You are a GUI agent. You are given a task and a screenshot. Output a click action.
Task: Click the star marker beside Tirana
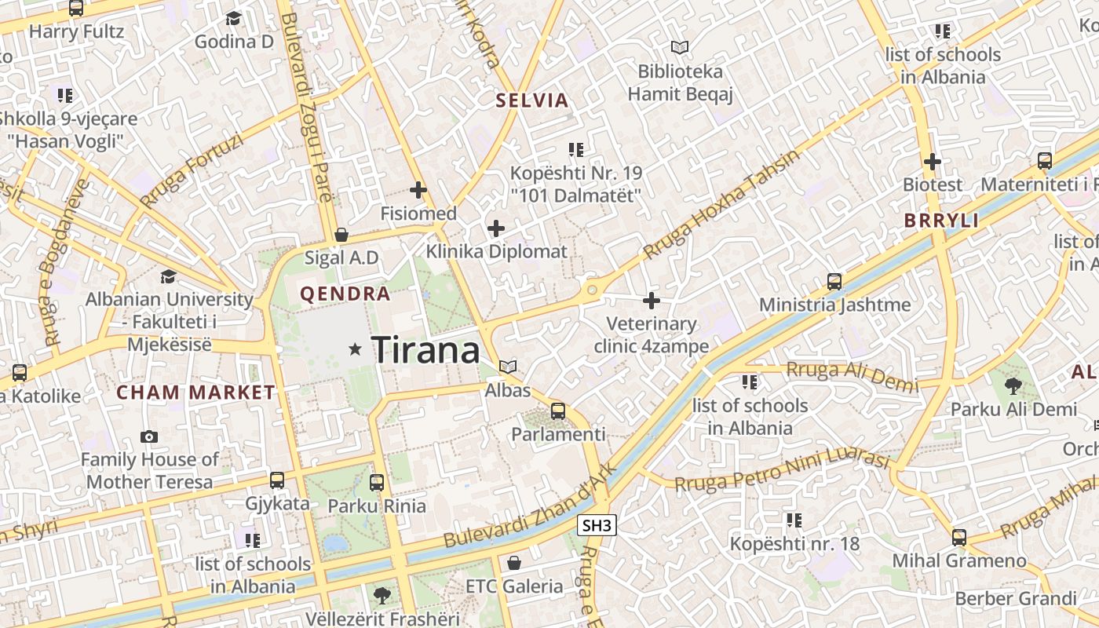356,349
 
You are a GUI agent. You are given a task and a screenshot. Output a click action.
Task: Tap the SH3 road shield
597,526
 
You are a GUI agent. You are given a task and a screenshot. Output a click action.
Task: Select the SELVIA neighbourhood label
531,100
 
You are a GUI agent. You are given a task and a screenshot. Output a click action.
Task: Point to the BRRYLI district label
941,221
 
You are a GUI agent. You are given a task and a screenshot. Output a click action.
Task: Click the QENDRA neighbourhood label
345,294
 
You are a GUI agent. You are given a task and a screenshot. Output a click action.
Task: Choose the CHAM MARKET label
196,392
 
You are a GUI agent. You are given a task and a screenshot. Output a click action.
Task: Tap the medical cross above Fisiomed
418,190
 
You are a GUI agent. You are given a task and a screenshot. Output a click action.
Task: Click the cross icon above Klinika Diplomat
496,228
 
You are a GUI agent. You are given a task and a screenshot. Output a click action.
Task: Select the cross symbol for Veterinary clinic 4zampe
652,300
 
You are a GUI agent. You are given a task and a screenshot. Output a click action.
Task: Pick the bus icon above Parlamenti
558,411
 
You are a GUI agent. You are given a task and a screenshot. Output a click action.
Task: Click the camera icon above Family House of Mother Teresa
149,436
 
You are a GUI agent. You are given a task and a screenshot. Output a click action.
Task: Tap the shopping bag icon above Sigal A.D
341,235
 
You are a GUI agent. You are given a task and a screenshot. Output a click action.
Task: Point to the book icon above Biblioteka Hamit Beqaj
679,48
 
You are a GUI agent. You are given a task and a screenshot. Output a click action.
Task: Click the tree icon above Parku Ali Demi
1013,385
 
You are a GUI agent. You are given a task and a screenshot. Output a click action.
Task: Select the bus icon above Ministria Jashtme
834,281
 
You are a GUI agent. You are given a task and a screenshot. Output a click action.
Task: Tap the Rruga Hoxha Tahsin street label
721,204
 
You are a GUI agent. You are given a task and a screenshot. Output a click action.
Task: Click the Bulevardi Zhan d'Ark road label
531,507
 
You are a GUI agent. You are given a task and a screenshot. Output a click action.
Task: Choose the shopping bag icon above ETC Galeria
514,563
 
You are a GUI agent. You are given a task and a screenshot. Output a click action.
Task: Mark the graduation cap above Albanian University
168,276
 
